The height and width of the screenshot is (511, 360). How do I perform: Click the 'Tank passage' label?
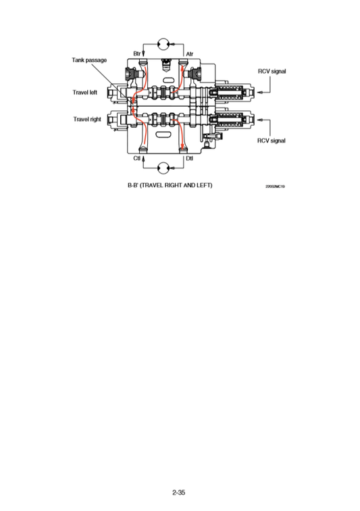click(x=89, y=60)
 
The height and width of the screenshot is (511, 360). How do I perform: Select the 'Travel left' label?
click(x=86, y=93)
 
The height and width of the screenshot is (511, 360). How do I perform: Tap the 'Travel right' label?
click(x=87, y=119)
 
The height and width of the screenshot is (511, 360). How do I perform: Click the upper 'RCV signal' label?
click(x=272, y=70)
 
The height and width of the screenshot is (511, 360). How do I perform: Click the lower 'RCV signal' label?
click(x=272, y=141)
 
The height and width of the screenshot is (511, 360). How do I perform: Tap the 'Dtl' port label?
click(x=190, y=158)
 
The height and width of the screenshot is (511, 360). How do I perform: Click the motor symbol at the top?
click(x=163, y=43)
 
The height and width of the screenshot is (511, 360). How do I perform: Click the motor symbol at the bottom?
click(x=163, y=166)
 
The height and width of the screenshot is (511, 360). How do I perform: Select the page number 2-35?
click(x=179, y=494)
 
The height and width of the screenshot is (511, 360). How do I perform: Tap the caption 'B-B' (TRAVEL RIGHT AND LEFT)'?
click(x=170, y=185)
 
